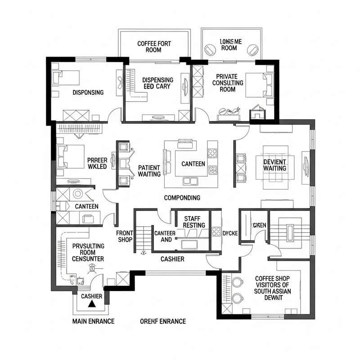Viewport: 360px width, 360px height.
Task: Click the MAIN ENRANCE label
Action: pos(93,321)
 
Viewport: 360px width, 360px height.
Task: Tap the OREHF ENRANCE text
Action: pos(162,321)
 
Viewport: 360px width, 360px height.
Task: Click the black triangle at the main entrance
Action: pos(92,304)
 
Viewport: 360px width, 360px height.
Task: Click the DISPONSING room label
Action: pos(88,92)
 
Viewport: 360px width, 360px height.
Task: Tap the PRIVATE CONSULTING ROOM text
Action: pos(227,83)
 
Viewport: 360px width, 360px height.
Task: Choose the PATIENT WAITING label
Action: pos(149,171)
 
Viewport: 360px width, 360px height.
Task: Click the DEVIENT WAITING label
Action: pos(274,165)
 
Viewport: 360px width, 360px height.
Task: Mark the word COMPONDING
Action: pos(182,198)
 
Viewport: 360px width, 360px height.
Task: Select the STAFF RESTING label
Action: pos(194,222)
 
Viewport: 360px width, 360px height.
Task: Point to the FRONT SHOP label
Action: pos(124,236)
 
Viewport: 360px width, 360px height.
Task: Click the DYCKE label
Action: pos(230,233)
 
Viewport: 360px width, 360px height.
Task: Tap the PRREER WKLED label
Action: pos(97,163)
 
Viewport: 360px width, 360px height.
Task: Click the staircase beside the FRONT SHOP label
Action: pos(143,237)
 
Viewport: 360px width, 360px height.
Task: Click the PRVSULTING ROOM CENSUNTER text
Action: pos(88,252)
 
